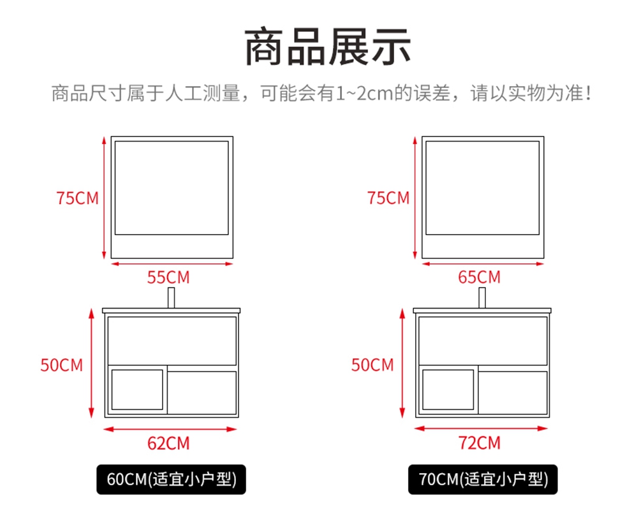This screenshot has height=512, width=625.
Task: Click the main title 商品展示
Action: click(x=328, y=47)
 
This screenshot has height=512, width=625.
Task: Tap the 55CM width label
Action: click(x=168, y=277)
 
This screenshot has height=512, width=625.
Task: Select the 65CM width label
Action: click(x=479, y=277)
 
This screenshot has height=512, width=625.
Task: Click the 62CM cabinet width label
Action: click(x=168, y=443)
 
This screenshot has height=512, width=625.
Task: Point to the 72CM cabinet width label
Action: click(x=479, y=443)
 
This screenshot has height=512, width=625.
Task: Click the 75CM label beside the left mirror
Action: click(x=77, y=198)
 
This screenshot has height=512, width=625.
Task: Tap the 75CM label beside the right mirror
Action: click(x=388, y=198)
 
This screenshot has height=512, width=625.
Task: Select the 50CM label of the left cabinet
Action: click(x=61, y=365)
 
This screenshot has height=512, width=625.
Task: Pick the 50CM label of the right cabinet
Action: click(x=372, y=365)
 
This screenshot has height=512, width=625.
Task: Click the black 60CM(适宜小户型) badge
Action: click(x=171, y=479)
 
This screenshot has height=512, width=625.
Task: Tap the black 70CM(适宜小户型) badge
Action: click(x=483, y=479)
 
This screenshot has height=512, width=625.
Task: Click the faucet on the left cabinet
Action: click(x=171, y=298)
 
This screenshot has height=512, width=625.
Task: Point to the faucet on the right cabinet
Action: click(x=482, y=298)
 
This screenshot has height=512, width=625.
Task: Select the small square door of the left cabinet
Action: click(x=137, y=390)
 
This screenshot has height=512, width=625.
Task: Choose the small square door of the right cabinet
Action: click(x=448, y=390)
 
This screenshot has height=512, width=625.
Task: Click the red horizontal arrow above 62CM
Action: click(x=170, y=429)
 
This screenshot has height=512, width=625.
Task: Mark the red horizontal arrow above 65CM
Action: click(x=483, y=264)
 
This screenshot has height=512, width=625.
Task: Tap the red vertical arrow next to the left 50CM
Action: click(x=92, y=363)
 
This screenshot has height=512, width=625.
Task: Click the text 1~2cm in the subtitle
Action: click(x=364, y=94)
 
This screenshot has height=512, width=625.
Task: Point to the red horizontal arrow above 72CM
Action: click(x=481, y=428)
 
